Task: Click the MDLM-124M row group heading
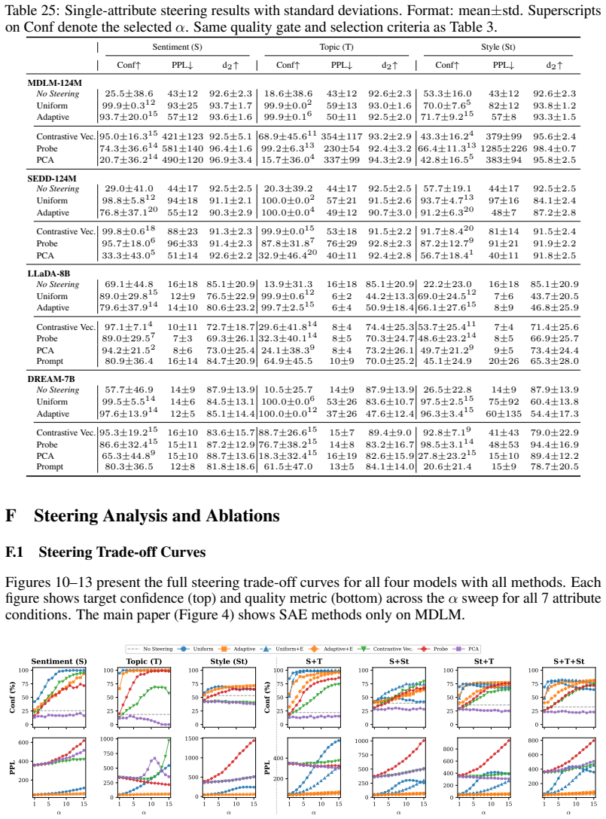(x=54, y=83)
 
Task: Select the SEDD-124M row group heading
(x=52, y=178)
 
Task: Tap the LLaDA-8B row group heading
(x=48, y=274)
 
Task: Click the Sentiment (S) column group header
(x=177, y=47)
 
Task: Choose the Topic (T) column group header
(x=336, y=47)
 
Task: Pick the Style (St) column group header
(x=498, y=47)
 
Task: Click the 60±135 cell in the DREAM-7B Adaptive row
(x=504, y=414)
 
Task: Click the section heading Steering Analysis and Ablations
(x=157, y=515)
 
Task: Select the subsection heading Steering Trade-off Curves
(x=122, y=552)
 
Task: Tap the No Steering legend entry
(x=151, y=649)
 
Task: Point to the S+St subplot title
(x=399, y=662)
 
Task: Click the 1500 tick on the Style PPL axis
(x=192, y=738)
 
